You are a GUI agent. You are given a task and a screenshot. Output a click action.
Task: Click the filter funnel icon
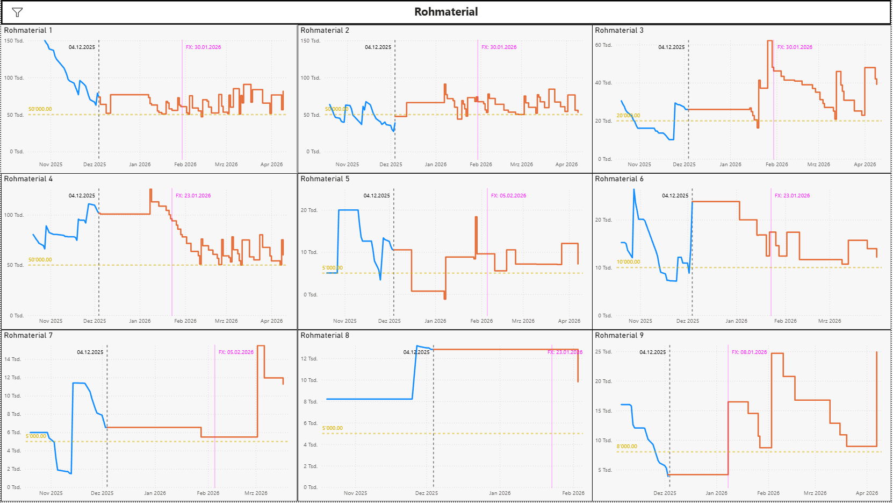(17, 12)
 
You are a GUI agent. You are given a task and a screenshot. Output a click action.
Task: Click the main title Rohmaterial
(446, 12)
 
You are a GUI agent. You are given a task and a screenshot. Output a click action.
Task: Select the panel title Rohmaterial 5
(325, 179)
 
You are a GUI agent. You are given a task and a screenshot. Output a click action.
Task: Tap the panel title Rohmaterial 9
(619, 335)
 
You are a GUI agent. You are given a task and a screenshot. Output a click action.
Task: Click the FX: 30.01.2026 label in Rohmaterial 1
(203, 47)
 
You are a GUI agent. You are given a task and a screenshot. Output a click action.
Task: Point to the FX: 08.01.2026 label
(749, 352)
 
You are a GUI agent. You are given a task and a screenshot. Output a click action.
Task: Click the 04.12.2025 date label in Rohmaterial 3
(671, 47)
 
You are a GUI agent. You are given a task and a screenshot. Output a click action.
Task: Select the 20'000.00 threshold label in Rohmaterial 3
(628, 116)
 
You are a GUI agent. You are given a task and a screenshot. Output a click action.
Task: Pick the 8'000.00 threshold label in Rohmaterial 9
(626, 447)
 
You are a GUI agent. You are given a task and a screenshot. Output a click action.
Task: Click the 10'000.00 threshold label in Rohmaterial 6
(628, 263)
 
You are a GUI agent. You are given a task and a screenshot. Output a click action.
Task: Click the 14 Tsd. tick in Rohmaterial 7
(12, 359)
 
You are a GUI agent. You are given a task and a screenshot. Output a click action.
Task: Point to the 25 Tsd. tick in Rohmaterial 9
(603, 352)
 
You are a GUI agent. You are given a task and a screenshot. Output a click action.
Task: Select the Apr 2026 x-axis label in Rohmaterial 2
(566, 165)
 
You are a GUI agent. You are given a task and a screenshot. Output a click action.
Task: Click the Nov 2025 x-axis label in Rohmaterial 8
(355, 493)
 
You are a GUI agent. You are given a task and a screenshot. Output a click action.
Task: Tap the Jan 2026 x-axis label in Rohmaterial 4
(140, 321)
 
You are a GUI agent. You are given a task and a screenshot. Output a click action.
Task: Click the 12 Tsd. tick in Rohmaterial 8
(309, 359)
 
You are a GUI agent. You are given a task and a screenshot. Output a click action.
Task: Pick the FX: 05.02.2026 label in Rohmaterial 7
(236, 352)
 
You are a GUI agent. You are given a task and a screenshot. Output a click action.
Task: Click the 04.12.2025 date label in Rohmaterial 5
(377, 196)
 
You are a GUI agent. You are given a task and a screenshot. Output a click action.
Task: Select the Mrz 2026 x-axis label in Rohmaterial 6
(829, 321)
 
